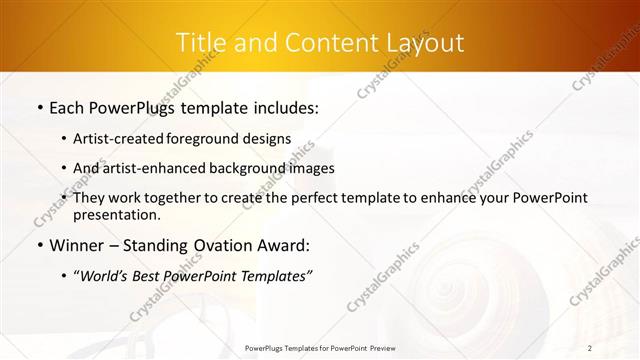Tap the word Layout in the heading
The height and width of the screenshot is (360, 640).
[x=426, y=43]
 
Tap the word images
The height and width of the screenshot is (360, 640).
[x=311, y=168]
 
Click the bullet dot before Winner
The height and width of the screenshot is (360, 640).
[x=39, y=245]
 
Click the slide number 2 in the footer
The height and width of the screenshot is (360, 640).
[x=590, y=348]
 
